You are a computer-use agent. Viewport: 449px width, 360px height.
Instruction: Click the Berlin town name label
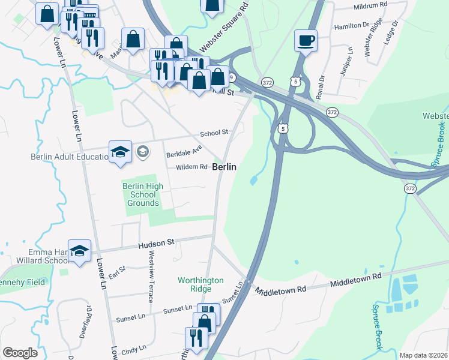point(223,167)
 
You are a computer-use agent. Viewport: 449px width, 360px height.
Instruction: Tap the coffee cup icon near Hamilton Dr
point(306,41)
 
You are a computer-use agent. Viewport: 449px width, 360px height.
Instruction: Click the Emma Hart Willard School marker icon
point(79,252)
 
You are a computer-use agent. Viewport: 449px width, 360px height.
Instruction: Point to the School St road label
point(214,133)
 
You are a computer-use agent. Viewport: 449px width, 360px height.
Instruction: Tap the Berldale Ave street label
point(183,154)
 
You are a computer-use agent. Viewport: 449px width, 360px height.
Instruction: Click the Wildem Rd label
point(191,167)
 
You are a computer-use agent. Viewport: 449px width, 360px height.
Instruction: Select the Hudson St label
point(155,243)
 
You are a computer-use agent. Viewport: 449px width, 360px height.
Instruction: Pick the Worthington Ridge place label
point(200,284)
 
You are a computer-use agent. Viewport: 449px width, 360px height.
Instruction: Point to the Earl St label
point(117,272)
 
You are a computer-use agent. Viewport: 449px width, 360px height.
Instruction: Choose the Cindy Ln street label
point(134,349)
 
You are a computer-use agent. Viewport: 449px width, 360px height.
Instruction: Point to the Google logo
point(20,353)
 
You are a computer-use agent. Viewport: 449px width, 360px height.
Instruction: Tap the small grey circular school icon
point(142,151)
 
